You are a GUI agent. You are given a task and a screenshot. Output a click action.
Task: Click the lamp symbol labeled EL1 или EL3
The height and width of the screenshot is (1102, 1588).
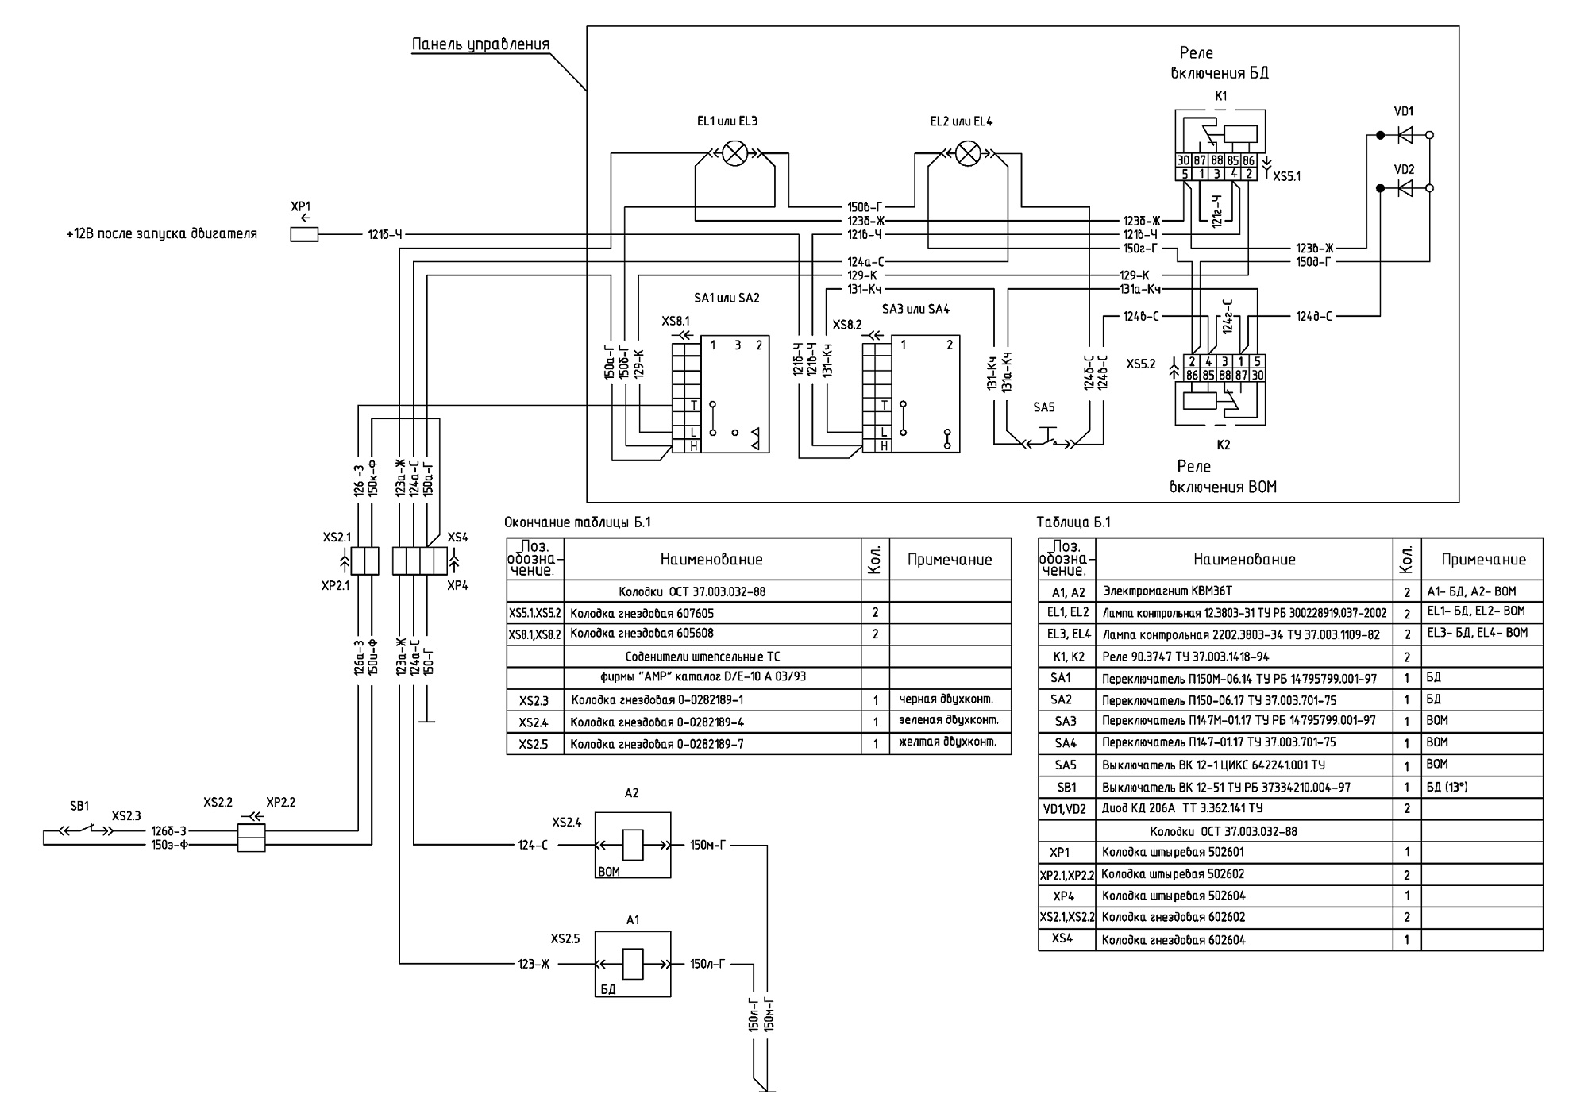(735, 153)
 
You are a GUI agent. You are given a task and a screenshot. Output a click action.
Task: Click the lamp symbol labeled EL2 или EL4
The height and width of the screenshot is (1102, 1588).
(967, 153)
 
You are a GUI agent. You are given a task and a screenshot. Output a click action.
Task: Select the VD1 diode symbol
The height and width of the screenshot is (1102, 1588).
(1405, 136)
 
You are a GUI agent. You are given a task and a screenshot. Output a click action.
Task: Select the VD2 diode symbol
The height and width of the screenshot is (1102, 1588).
(1405, 188)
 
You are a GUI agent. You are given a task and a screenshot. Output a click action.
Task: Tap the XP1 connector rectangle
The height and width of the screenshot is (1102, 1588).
(304, 235)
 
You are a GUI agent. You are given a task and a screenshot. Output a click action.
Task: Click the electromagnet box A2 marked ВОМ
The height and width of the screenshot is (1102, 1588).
(633, 845)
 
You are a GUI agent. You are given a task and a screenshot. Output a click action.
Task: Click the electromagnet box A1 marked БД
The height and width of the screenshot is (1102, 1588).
(633, 964)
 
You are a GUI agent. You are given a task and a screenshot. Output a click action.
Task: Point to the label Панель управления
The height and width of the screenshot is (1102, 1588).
(480, 44)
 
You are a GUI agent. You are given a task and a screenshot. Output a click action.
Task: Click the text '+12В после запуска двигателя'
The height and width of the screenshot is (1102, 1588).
(162, 235)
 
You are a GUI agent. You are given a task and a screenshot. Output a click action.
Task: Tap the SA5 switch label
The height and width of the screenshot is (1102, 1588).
(1044, 407)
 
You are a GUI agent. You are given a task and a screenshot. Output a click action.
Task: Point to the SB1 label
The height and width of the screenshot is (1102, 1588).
(79, 806)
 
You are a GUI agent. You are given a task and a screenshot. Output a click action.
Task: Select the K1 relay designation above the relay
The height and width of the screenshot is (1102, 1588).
(1221, 96)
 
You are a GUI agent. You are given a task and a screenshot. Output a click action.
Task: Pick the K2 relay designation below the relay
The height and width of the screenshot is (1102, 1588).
(1223, 445)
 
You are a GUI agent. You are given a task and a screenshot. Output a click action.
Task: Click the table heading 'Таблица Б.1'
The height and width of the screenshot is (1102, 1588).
(1074, 522)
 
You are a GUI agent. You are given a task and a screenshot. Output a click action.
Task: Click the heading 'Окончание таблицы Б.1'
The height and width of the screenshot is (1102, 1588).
(577, 522)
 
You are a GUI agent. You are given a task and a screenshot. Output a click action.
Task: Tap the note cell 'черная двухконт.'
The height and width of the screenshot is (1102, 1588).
(946, 699)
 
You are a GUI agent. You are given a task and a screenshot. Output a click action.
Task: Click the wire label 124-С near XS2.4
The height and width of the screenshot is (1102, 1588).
(533, 846)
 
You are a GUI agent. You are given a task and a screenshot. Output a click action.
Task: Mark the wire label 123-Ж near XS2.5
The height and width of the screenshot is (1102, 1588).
(534, 965)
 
